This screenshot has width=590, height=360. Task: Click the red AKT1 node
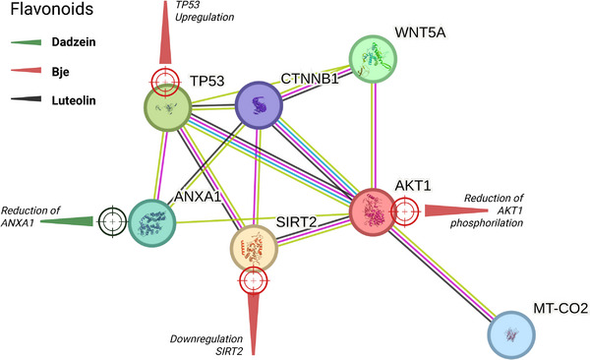pos(378,212)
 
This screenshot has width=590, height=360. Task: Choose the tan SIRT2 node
pos(254,245)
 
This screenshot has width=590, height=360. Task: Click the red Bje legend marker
pos(29,72)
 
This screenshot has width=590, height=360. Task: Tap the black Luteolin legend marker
pos(29,100)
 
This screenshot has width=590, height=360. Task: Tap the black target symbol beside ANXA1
pos(111,221)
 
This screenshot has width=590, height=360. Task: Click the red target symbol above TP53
pos(164,80)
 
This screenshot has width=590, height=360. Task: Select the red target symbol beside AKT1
pos(404,209)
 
